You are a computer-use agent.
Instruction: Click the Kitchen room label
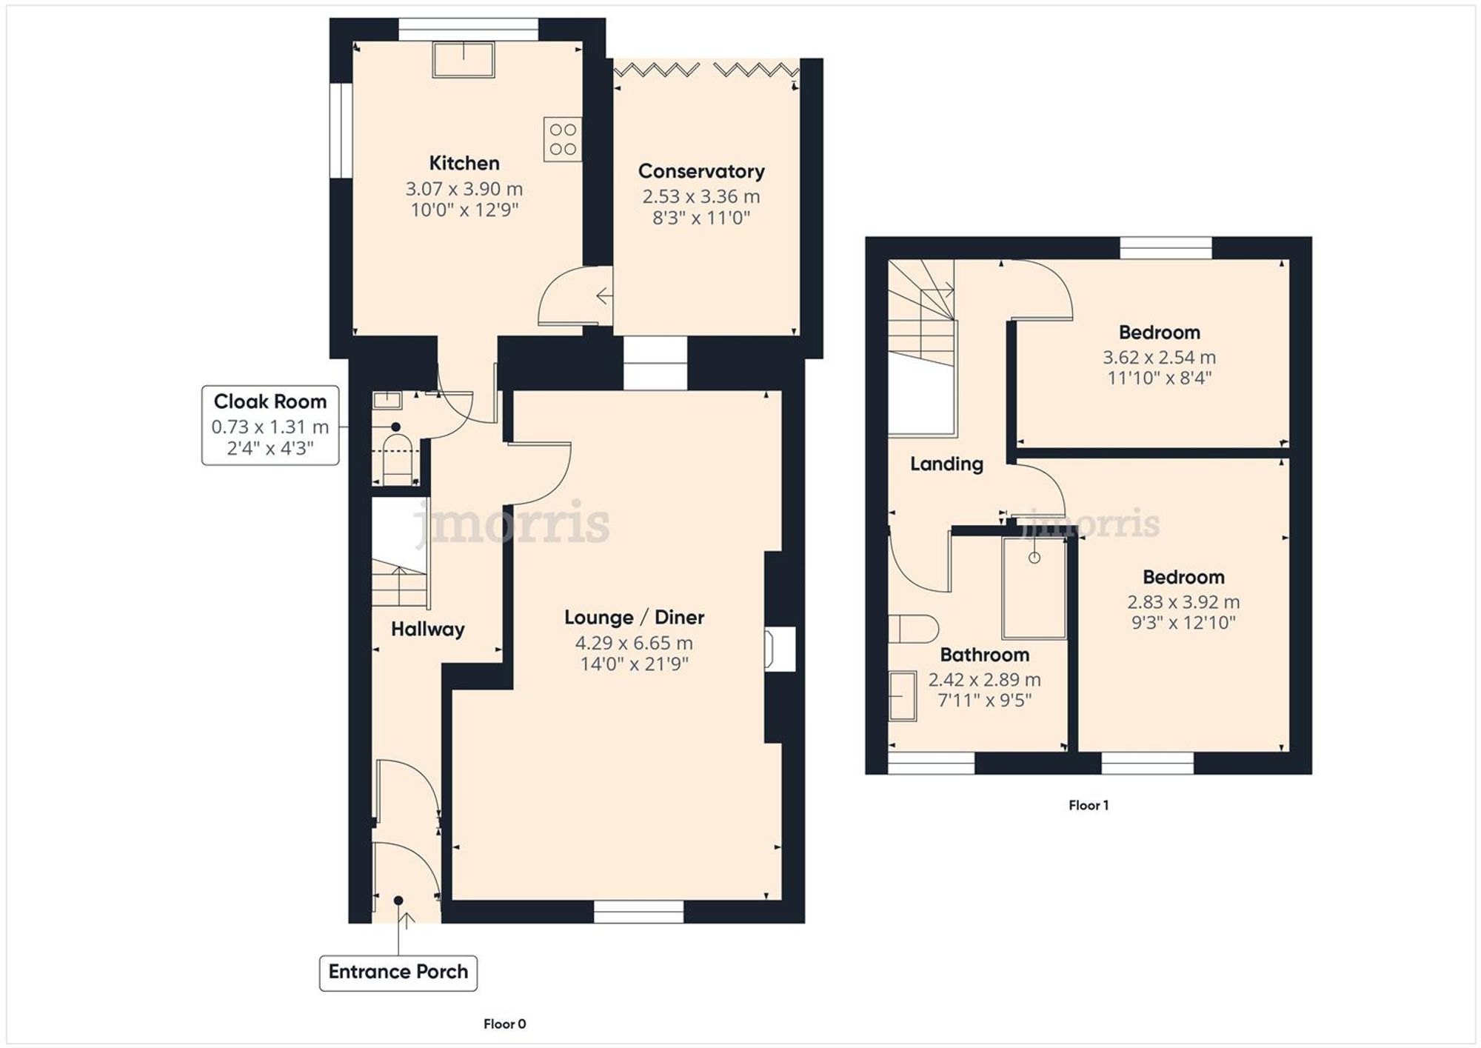tap(464, 163)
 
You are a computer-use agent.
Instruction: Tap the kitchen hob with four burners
tap(562, 139)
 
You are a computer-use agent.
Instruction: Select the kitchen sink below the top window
tap(464, 60)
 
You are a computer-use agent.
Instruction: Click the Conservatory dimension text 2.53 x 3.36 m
tap(701, 197)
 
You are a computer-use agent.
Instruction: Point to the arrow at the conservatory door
tap(604, 296)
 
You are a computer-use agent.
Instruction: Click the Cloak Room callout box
tap(270, 425)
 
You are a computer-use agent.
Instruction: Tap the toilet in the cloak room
tap(398, 458)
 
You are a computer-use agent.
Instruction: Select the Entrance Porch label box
tap(398, 972)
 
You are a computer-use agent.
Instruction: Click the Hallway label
tap(428, 630)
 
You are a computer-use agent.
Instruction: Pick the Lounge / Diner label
tap(634, 618)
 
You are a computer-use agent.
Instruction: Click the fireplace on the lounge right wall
tap(779, 649)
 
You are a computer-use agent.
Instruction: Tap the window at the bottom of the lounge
tap(638, 912)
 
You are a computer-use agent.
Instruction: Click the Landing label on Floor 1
tap(946, 464)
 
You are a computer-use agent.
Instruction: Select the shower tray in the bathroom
tap(1034, 588)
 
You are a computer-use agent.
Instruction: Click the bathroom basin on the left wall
tap(903, 695)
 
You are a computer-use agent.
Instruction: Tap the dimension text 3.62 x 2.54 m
tap(1159, 358)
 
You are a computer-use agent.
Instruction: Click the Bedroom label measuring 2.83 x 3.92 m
tap(1183, 577)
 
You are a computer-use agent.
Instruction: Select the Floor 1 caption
tap(1088, 805)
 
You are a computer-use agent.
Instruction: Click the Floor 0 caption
tap(504, 1024)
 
